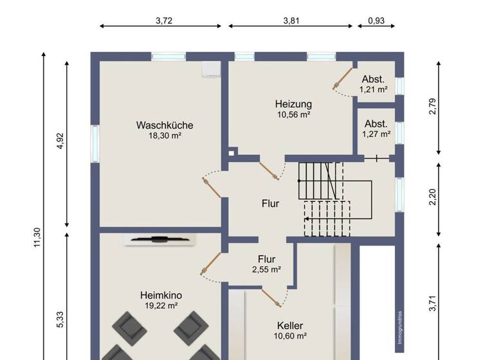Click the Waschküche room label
point(164,125)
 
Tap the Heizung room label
point(293,104)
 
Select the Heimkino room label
point(160,295)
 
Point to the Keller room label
point(290,325)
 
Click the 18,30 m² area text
point(164,136)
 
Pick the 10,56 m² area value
point(293,114)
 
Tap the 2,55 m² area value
point(266,270)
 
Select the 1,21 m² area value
point(373,89)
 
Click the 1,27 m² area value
point(376,134)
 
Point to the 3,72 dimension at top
point(164,21)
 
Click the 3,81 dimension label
point(291,21)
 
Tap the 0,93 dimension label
point(376,21)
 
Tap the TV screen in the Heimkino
point(160,239)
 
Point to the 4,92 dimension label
point(60,141)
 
